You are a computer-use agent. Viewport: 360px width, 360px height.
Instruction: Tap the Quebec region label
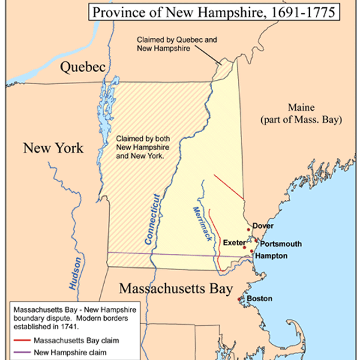coord(83,67)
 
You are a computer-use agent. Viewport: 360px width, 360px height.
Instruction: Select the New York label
coord(53,148)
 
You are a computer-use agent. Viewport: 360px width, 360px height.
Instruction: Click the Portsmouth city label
coord(280,244)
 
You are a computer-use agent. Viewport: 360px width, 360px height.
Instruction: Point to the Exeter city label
coord(233,242)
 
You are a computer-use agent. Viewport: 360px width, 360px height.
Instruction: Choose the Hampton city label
coord(271,256)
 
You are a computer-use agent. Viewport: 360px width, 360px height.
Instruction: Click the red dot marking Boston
coord(240,299)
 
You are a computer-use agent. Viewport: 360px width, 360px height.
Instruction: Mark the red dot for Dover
coord(249,229)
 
